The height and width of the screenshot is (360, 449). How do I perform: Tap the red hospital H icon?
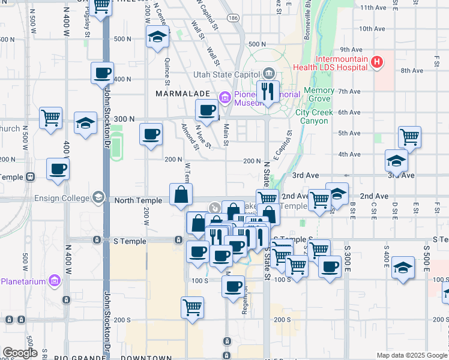pos(377,61)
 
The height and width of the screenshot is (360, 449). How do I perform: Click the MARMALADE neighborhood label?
pos(182,94)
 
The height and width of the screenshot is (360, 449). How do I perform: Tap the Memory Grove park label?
pos(319,94)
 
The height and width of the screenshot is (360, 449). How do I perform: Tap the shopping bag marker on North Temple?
pos(181,194)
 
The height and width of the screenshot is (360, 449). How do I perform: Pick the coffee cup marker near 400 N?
pos(102,73)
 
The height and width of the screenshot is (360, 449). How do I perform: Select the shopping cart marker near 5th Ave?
pos(409,137)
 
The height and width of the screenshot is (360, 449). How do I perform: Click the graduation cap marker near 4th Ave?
pos(396,160)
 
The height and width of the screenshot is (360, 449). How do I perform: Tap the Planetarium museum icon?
pos(55,280)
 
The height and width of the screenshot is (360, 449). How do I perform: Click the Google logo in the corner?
pos(20,353)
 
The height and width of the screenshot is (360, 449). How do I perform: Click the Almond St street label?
pos(190,136)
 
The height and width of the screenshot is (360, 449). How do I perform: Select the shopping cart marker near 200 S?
pos(192,307)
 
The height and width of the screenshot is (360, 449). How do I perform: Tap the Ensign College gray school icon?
pos(98,197)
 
